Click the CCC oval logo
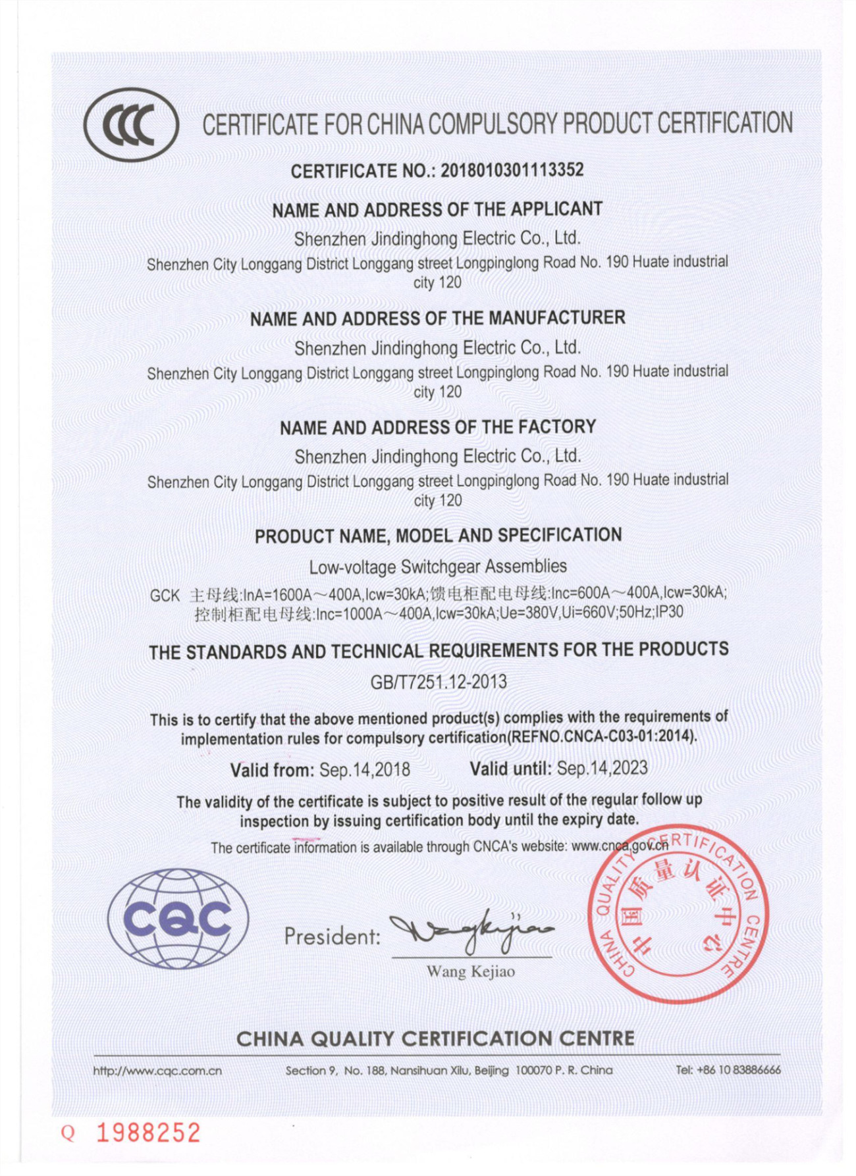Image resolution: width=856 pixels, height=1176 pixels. [131, 125]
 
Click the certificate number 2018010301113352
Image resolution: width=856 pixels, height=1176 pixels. [512, 170]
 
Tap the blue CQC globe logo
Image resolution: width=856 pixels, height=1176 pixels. [178, 919]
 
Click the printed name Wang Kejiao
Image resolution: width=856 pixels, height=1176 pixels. [470, 971]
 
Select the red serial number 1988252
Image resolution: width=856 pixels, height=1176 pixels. [148, 1133]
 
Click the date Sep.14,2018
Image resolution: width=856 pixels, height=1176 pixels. [364, 769]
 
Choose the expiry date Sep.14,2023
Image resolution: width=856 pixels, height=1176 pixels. [602, 768]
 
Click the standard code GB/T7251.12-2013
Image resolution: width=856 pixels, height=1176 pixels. [439, 682]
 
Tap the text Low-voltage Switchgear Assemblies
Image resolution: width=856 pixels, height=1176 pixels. [438, 567]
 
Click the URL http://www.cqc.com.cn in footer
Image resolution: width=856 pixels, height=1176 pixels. [157, 1071]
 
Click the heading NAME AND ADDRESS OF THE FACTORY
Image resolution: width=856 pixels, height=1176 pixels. [438, 428]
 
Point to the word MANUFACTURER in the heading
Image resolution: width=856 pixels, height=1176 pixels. [556, 318]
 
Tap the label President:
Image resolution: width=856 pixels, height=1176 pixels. [333, 936]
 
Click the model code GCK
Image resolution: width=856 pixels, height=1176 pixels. [165, 596]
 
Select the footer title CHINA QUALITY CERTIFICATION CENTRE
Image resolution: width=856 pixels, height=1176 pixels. [435, 1038]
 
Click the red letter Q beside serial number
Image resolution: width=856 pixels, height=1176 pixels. [68, 1133]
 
